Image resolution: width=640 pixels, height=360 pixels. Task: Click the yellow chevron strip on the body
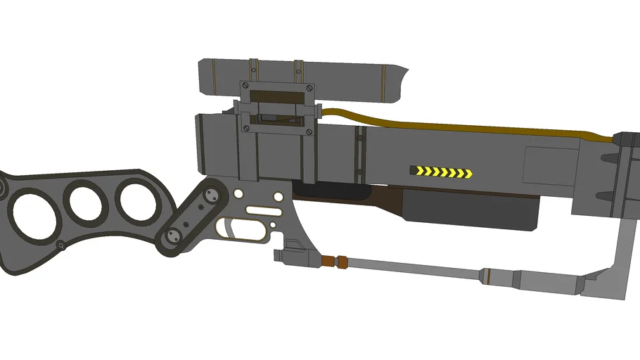pyautogui.click(x=441, y=172)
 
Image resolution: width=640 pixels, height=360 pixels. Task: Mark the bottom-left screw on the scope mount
pyautogui.click(x=245, y=128)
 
